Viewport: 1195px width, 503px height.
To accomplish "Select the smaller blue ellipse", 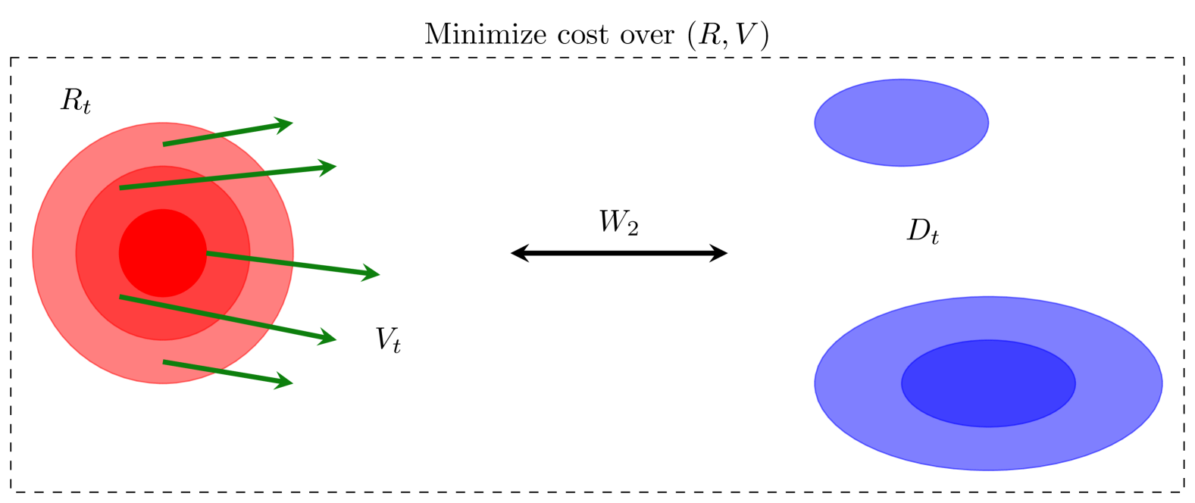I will coord(901,123).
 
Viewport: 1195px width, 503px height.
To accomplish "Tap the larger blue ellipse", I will coord(988,383).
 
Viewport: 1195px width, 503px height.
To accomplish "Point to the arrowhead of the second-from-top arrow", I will coord(331,167).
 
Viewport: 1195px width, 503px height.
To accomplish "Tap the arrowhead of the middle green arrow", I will coord(374,273).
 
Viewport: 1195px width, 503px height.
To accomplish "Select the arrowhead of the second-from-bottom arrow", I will coord(331,339).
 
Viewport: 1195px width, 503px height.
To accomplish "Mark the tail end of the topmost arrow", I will coord(164,144).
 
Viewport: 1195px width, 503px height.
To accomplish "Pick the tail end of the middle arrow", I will coord(208,254).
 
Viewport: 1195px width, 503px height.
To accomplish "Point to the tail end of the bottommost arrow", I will coord(164,362).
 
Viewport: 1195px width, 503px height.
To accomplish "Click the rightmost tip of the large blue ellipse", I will coord(1162,383).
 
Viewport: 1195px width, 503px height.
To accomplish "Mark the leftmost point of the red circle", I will coord(33,253).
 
